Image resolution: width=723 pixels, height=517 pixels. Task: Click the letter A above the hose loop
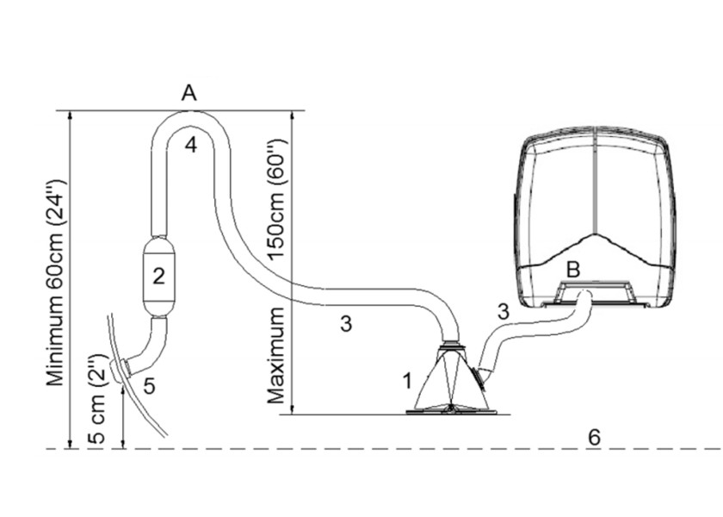tap(189, 93)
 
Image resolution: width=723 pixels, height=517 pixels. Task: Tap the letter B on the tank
tap(572, 270)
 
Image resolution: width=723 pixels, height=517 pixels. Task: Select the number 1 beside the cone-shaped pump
tap(406, 381)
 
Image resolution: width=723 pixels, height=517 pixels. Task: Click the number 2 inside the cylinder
tap(158, 276)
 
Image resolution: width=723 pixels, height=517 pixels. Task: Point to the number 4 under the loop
tap(191, 145)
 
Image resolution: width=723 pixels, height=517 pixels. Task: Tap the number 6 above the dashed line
tap(595, 437)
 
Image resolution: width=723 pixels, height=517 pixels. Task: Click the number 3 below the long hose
tap(346, 324)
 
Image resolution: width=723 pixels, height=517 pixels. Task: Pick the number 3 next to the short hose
tap(503, 312)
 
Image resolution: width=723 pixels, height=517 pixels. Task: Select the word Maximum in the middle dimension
tap(276, 356)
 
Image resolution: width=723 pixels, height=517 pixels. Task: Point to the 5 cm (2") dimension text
tap(98, 399)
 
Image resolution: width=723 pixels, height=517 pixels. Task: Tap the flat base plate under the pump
tap(452, 411)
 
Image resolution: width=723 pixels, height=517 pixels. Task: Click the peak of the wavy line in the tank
tap(596, 234)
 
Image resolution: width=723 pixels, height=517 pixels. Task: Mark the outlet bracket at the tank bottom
tap(593, 293)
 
